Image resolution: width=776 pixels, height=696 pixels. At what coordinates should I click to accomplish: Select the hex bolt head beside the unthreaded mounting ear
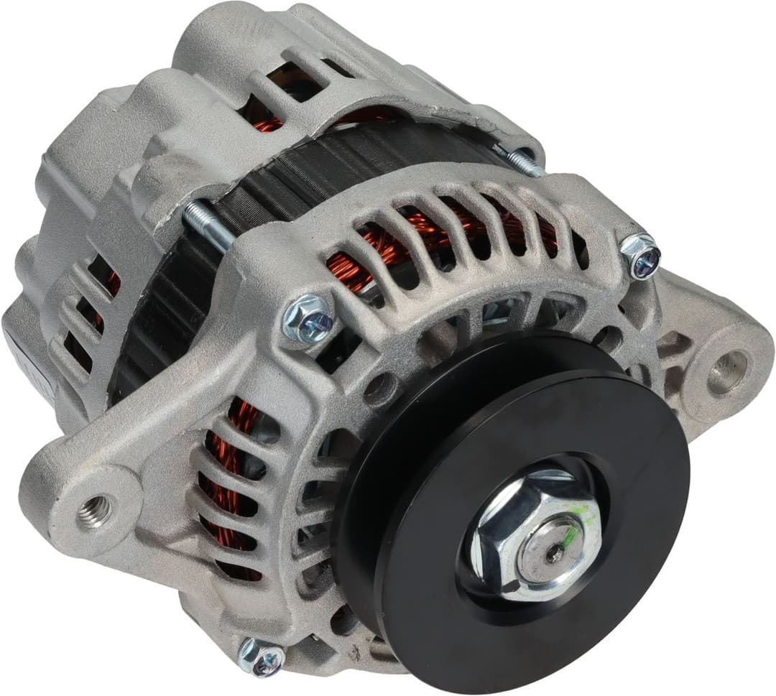click(639, 255)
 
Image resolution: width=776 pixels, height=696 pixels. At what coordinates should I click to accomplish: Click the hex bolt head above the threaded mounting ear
click(308, 317)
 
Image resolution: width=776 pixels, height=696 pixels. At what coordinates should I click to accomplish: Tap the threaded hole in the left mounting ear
click(96, 511)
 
